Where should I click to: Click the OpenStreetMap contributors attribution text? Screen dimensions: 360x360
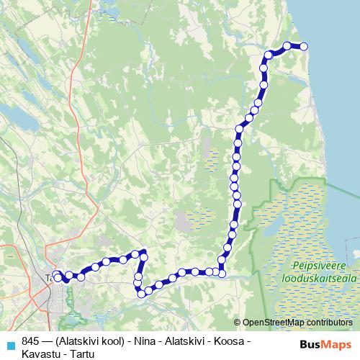(x=297, y=323)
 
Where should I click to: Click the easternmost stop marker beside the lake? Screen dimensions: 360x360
(x=304, y=47)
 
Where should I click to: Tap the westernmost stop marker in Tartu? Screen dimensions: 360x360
(x=57, y=275)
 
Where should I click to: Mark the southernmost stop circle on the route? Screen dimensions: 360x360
(x=142, y=293)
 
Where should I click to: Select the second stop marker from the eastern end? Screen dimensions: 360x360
(x=287, y=46)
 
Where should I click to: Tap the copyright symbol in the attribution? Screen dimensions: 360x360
(x=238, y=323)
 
